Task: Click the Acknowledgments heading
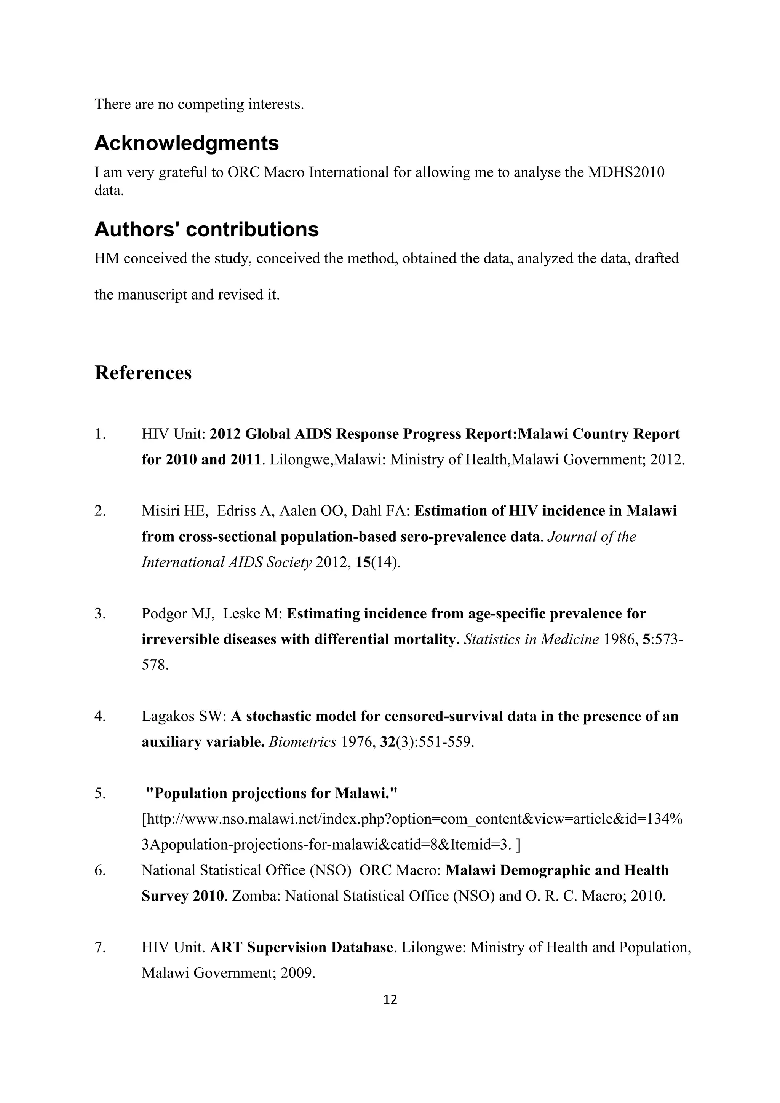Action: (187, 143)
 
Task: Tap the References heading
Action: (143, 373)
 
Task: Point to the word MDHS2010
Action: (626, 172)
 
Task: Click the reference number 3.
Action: (99, 614)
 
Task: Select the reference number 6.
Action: (99, 870)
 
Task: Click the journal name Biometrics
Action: (302, 742)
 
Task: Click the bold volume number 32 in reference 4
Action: (387, 742)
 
